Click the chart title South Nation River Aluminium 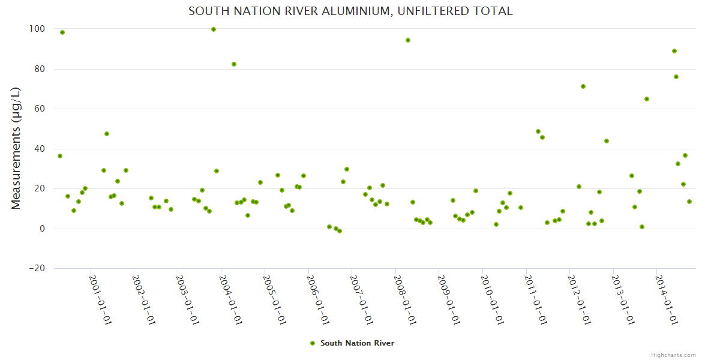[350, 11]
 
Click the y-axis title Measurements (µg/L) [16, 148]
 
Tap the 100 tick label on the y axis [37, 29]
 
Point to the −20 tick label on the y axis [37, 269]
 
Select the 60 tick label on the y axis [39, 109]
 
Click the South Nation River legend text [357, 343]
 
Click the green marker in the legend [312, 343]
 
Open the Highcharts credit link [673, 355]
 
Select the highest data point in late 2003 [214, 29]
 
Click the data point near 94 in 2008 [408, 40]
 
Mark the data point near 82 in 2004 [234, 64]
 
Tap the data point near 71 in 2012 [583, 86]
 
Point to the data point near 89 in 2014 [674, 51]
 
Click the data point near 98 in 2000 [62, 32]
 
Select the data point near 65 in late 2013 [647, 99]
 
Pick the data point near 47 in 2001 [107, 134]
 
